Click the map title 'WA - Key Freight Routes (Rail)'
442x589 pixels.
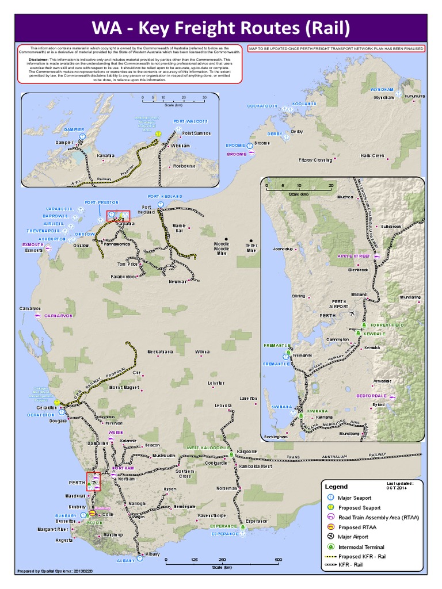(x=220, y=28)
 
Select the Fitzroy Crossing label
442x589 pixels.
(x=315, y=160)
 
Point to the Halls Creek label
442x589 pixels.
(x=372, y=155)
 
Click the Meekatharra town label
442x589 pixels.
(x=161, y=351)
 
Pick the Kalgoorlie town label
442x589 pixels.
(x=246, y=451)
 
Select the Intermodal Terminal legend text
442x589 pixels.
(x=361, y=547)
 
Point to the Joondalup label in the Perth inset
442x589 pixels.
(x=283, y=250)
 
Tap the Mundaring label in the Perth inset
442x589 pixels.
(x=410, y=297)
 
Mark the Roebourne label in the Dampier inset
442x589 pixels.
(x=185, y=166)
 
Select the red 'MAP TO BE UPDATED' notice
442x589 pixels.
(x=336, y=49)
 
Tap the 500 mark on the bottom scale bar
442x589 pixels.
(x=278, y=559)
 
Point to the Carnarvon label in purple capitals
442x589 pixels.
(x=58, y=316)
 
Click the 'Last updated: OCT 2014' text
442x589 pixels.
(x=401, y=486)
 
